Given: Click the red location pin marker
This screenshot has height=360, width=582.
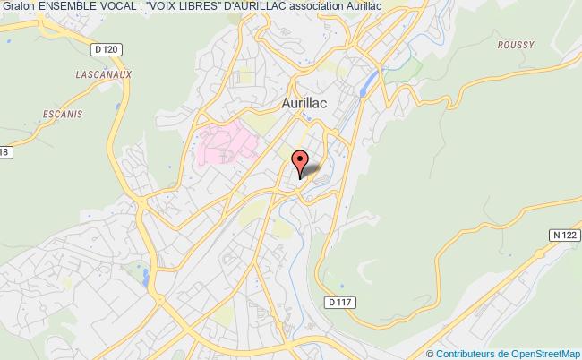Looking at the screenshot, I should (x=300, y=161).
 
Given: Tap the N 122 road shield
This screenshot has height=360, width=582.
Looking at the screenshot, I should (x=563, y=233).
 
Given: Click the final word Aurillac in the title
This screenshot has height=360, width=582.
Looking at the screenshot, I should (x=404, y=7).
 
